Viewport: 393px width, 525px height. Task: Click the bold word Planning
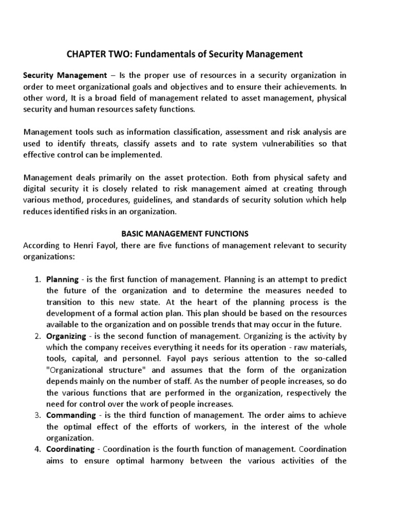click(62, 279)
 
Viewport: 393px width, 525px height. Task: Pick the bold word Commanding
click(71, 415)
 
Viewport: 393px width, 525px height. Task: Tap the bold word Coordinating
click(70, 449)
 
